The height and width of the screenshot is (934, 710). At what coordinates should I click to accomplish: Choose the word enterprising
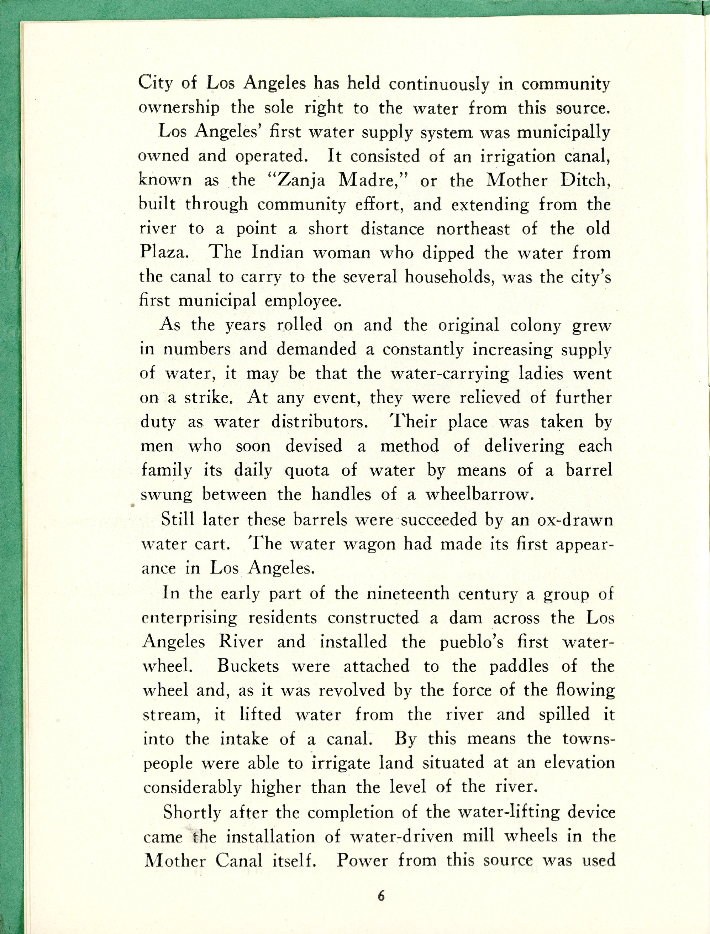tap(190, 618)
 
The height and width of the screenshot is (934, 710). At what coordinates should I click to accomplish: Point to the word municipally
tap(564, 133)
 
